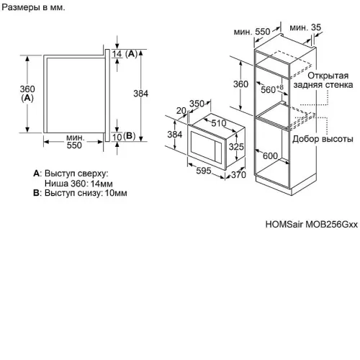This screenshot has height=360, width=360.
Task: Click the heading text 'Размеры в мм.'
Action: (x=33, y=7)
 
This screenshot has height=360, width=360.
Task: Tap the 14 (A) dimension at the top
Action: (x=125, y=54)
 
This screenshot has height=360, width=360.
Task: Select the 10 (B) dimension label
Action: (x=124, y=137)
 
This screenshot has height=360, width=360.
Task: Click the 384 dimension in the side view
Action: (x=141, y=94)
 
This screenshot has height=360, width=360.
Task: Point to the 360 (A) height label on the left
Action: (x=27, y=94)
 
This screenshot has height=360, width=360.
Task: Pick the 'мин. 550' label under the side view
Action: (x=74, y=142)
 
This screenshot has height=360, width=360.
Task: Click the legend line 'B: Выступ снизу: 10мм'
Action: (x=80, y=193)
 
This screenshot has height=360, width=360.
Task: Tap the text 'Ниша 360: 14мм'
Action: (x=78, y=184)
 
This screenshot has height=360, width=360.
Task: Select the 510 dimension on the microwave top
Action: (x=219, y=123)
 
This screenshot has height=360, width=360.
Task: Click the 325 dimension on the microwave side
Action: (x=236, y=147)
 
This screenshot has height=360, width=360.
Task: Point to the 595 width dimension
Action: (x=204, y=171)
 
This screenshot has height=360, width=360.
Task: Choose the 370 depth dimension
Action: (x=238, y=175)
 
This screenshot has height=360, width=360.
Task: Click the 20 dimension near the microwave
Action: (x=181, y=111)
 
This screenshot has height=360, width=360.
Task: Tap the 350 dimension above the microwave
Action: (x=197, y=104)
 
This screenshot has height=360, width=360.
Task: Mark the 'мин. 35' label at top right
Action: (x=305, y=27)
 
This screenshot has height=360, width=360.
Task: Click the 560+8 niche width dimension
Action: (x=272, y=89)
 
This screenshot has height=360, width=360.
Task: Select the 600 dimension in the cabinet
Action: (x=270, y=156)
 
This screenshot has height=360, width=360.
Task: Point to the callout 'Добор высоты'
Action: (x=323, y=139)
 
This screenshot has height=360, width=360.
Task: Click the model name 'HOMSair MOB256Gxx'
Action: (x=312, y=225)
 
